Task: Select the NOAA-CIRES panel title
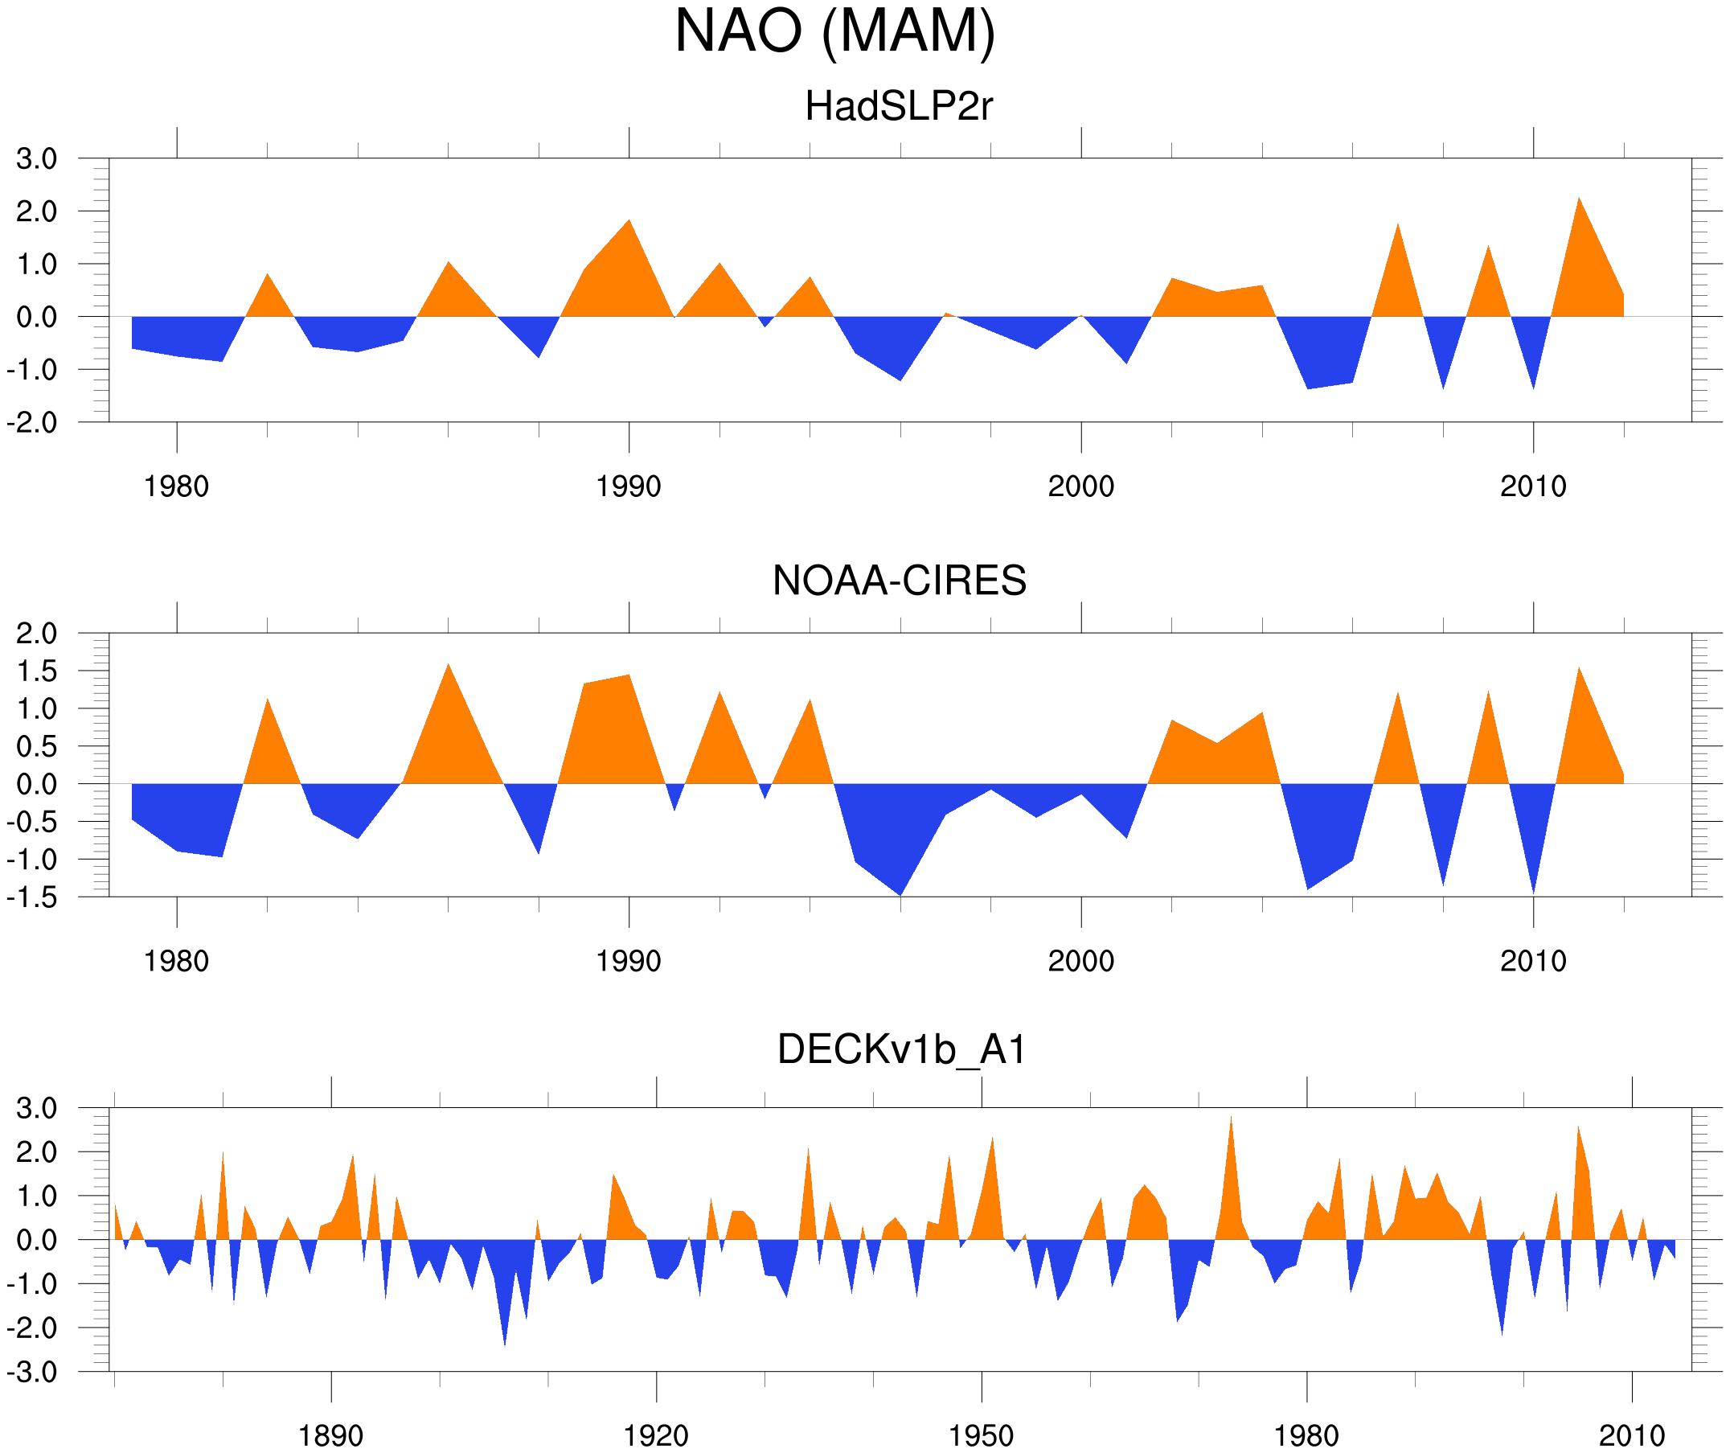pyautogui.click(x=899, y=581)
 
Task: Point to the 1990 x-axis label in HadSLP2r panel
pyautogui.click(x=629, y=486)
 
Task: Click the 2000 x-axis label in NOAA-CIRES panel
pyautogui.click(x=1080, y=961)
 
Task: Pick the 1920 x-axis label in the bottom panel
pyautogui.click(x=656, y=1435)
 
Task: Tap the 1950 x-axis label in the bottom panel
pyautogui.click(x=981, y=1435)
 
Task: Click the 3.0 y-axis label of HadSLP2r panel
pyautogui.click(x=36, y=159)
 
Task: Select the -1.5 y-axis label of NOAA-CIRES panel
pyautogui.click(x=33, y=897)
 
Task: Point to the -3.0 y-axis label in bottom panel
pyautogui.click(x=33, y=1373)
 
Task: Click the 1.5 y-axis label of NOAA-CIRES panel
pyautogui.click(x=36, y=671)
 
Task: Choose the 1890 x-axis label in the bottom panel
pyautogui.click(x=330, y=1435)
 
